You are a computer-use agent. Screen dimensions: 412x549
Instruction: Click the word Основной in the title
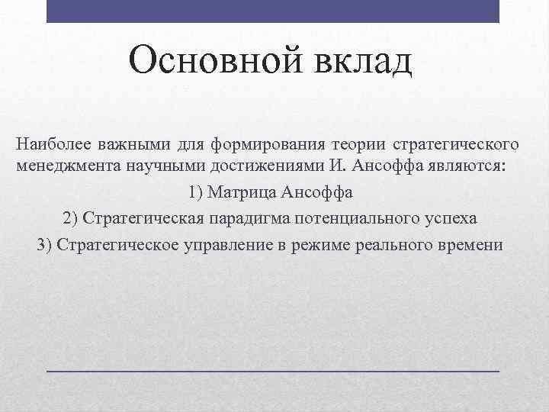[x=203, y=60]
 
